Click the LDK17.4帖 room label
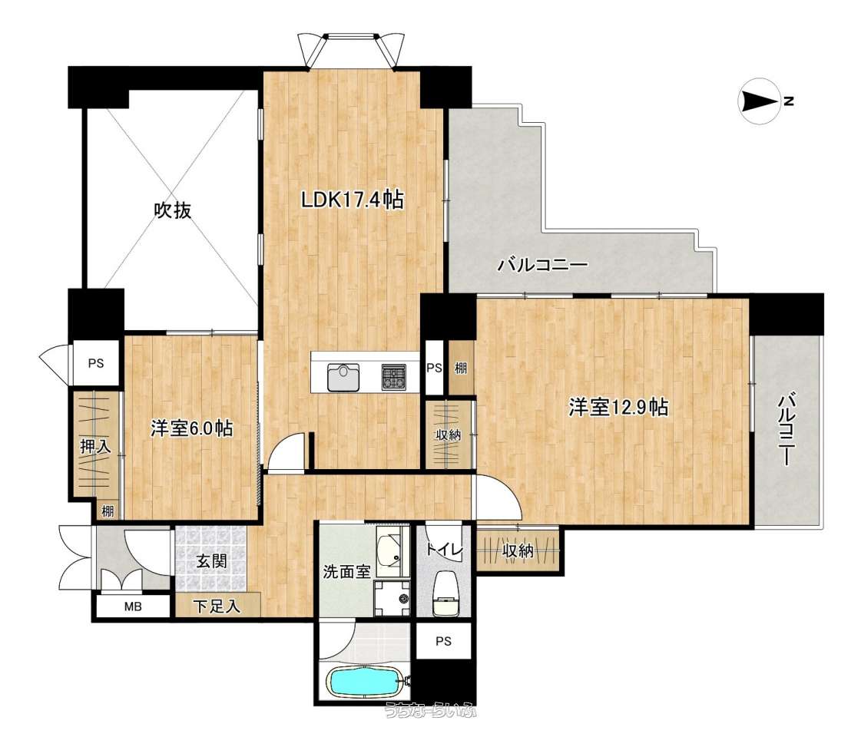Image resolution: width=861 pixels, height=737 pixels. click(353, 200)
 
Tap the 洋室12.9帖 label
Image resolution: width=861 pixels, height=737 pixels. click(618, 408)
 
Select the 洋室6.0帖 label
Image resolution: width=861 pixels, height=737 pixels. click(192, 428)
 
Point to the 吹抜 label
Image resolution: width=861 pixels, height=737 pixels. click(172, 210)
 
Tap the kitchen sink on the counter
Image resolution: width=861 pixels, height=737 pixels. click(343, 378)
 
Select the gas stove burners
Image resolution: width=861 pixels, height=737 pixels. click(394, 378)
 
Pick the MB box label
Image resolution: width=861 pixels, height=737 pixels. click(133, 606)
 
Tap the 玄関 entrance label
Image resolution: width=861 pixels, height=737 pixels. click(211, 561)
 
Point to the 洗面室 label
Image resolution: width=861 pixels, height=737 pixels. click(346, 572)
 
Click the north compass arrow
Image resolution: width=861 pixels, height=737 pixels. click(760, 101)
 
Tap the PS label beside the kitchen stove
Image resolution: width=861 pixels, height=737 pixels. click(435, 368)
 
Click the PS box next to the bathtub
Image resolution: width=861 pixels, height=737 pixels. click(444, 641)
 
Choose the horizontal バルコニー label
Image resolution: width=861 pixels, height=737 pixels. click(542, 266)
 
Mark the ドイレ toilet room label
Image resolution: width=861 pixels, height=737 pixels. click(444, 549)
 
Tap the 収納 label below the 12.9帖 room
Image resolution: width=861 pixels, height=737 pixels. click(517, 550)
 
